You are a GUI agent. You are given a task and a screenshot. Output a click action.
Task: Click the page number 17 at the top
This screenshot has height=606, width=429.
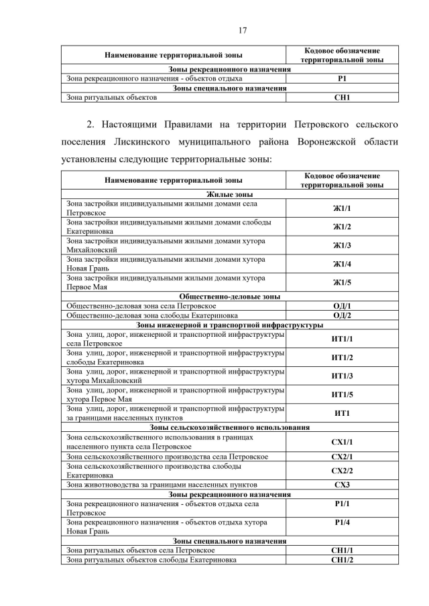click(x=215, y=29)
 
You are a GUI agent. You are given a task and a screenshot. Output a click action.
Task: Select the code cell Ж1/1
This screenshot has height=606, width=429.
click(x=342, y=208)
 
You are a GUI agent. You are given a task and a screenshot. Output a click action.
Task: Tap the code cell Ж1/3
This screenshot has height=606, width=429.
click(x=342, y=245)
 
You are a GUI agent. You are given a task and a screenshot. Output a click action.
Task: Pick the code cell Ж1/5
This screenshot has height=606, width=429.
click(x=342, y=282)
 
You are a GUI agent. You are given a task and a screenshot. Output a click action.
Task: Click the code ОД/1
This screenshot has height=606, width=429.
click(x=342, y=305)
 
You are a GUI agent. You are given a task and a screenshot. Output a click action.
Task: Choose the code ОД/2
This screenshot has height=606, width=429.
click(x=342, y=315)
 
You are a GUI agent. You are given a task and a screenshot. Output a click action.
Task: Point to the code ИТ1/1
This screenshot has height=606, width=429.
click(x=342, y=339)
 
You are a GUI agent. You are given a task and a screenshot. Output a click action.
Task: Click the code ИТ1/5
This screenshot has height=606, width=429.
click(x=342, y=394)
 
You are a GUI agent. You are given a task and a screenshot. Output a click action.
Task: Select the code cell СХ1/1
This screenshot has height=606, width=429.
click(x=342, y=442)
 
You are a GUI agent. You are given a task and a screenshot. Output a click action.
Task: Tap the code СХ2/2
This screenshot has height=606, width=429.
click(x=342, y=470)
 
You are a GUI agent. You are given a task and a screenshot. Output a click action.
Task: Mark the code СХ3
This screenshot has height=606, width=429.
click(x=342, y=484)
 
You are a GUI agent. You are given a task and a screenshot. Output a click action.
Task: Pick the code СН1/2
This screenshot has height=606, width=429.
click(x=342, y=560)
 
